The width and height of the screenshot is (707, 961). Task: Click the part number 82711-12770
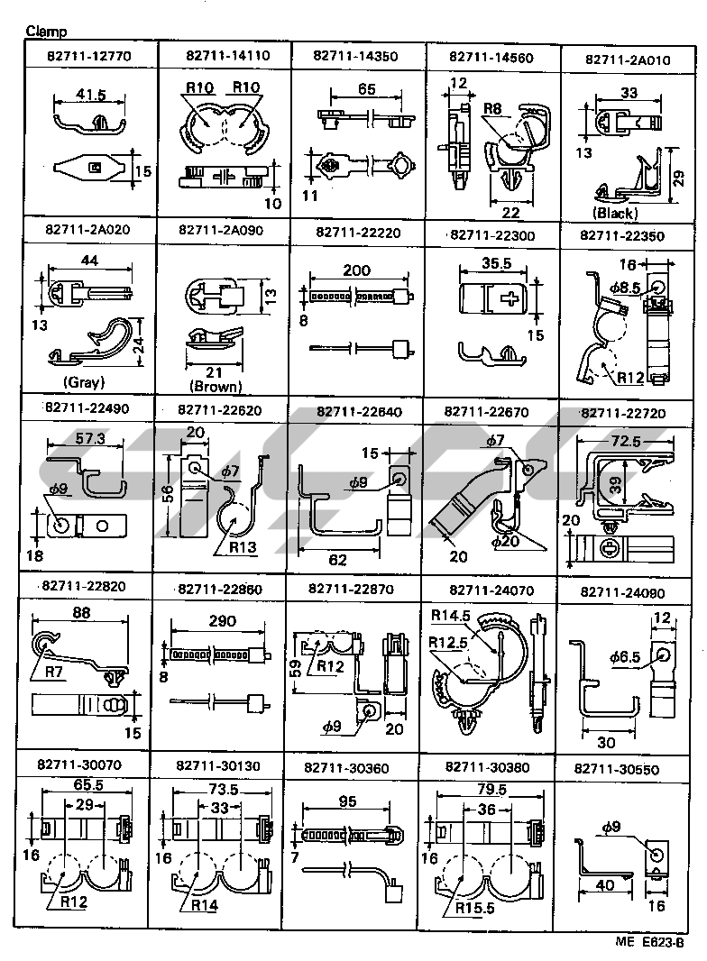(x=87, y=56)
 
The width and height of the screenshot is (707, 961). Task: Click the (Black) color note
(x=616, y=214)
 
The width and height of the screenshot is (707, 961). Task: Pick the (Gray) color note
(x=84, y=381)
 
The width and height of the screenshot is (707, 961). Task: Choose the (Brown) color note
(x=215, y=386)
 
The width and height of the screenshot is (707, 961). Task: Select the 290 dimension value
(x=221, y=621)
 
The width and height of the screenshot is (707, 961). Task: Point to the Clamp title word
(x=44, y=32)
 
